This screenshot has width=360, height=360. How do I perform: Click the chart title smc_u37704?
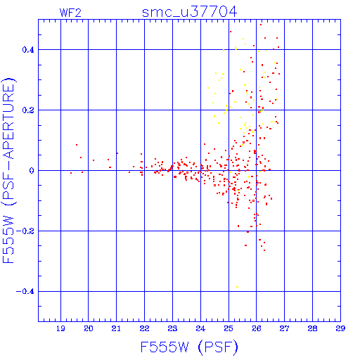189,12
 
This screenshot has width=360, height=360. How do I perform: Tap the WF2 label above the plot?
70,13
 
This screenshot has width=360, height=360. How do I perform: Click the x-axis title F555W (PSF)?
189,347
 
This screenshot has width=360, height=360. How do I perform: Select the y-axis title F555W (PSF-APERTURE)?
8,170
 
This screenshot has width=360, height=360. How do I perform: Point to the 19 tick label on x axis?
60,328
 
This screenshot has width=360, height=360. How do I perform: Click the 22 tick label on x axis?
144,328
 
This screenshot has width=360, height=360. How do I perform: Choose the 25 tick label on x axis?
229,328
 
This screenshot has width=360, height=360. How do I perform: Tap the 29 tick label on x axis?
340,328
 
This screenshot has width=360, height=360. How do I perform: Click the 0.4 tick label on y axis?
28,50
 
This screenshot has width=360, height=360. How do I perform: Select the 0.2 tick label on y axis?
28,110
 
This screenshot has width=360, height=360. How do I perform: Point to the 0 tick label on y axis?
32,171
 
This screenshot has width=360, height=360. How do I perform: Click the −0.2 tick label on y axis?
25,231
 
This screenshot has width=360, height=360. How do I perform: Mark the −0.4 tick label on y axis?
25,292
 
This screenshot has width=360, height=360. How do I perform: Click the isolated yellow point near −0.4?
237,287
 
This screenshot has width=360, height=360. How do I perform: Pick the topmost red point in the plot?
261,25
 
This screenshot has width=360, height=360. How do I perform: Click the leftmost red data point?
71,173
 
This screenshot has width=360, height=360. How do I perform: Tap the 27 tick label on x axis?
284,328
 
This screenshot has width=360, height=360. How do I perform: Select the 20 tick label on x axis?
89,328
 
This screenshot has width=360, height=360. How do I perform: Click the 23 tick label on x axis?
172,328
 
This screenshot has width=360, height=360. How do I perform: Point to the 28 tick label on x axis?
312,328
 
